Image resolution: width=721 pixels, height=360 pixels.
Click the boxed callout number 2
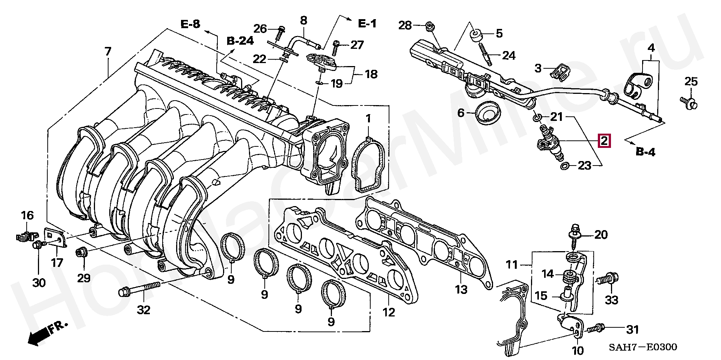point(604,141)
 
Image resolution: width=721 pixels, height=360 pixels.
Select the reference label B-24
point(240,41)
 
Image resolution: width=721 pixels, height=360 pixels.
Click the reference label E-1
point(367,24)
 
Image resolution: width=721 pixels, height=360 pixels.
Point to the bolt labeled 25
point(689,101)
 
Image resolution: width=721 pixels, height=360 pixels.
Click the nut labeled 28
point(428,26)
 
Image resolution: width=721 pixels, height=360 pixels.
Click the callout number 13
point(461,289)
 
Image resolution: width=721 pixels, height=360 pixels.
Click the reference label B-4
point(646,152)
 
